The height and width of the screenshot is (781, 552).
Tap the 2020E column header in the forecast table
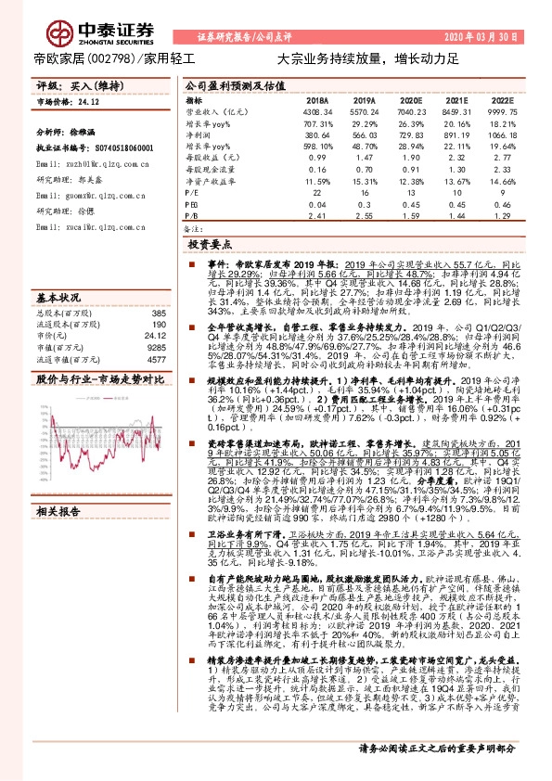[410, 98]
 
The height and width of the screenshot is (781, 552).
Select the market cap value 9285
[155, 347]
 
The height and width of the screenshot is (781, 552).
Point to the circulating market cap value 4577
[155, 358]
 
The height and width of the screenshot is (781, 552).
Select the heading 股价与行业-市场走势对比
[92, 379]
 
